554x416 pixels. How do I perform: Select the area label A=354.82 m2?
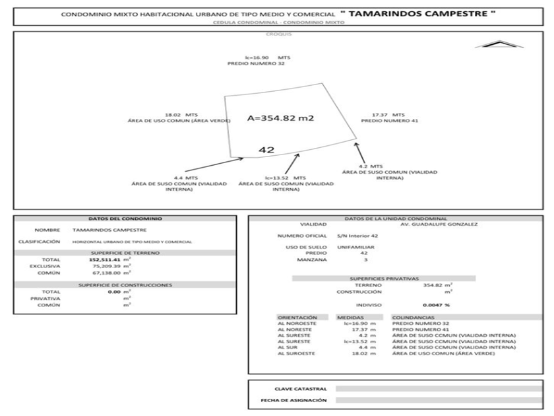click(280, 118)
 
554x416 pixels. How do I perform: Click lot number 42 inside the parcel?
click(266, 150)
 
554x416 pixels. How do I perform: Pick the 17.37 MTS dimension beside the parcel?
click(388, 114)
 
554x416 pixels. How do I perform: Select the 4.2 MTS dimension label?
click(371, 166)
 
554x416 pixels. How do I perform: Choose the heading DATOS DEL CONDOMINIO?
click(125, 218)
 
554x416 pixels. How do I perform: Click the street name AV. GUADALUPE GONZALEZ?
click(427, 224)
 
